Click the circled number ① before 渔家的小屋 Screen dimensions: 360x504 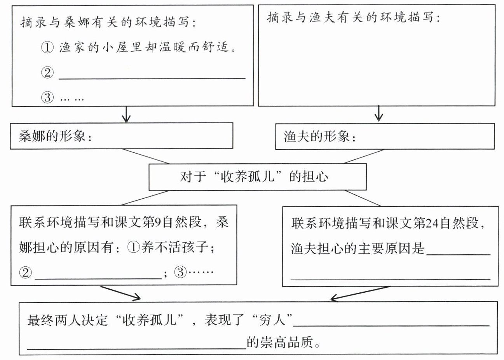pyautogui.click(x=47, y=48)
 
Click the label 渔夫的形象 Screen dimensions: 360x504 pyautogui.click(x=319, y=137)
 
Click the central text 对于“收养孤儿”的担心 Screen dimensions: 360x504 pyautogui.click(x=254, y=177)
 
